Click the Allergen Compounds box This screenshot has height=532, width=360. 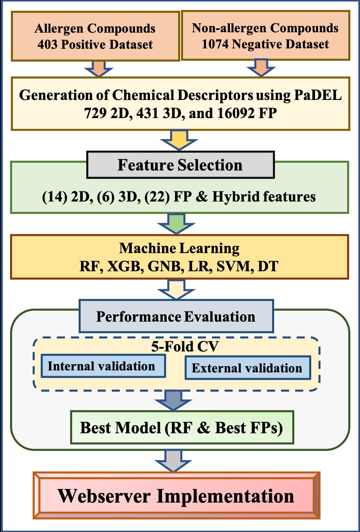(95, 36)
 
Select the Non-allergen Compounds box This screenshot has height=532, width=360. (265, 36)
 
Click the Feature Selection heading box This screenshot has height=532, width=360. (180, 165)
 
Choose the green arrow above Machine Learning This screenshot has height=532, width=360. (180, 223)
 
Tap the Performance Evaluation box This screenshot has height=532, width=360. (176, 316)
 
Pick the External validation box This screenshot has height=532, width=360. (247, 368)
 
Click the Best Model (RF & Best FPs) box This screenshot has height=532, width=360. (181, 427)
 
